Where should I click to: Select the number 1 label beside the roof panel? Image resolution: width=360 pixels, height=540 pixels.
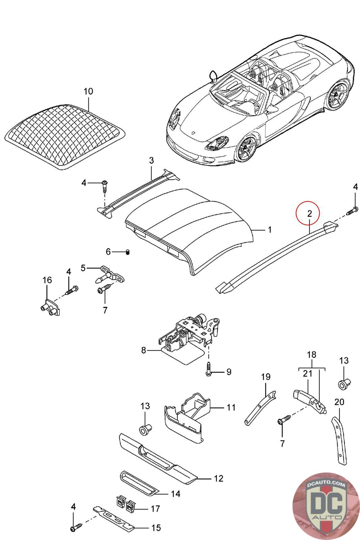(270, 230)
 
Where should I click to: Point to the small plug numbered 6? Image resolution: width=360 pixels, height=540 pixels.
(128, 252)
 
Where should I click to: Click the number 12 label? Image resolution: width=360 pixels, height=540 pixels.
(218, 478)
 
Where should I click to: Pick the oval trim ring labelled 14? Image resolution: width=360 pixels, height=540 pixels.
(138, 481)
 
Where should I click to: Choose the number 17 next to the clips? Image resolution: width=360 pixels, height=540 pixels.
(155, 508)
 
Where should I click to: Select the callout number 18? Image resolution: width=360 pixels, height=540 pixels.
(311, 355)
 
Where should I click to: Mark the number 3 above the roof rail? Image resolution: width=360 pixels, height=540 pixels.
(151, 161)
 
